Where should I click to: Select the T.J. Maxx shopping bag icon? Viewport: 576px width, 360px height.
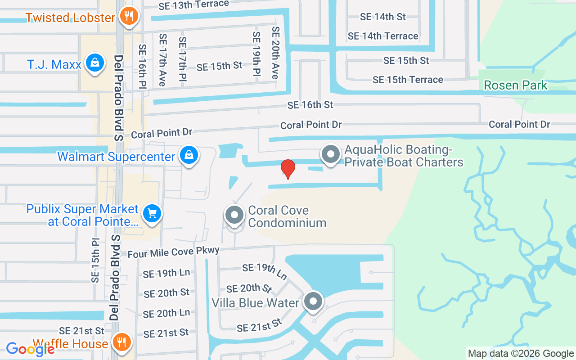coord(95,63)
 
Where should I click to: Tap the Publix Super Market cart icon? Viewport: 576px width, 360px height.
coord(152,213)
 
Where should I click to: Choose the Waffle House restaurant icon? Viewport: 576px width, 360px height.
coord(121,342)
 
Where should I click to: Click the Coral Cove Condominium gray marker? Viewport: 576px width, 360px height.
coord(234,215)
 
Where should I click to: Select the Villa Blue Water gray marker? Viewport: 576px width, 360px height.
coord(313,301)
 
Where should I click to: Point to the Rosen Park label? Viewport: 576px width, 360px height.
coord(516,85)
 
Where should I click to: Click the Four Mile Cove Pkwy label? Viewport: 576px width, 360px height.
coord(173,252)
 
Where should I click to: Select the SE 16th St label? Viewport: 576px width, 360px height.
coord(310,105)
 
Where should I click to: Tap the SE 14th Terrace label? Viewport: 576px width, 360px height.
coord(383,36)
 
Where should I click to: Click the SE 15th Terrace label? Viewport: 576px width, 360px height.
coord(408,80)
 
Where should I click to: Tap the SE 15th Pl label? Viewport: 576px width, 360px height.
coord(95,261)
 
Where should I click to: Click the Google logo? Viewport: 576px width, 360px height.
coord(30,349)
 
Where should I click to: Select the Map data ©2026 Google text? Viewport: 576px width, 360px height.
coord(521,354)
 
